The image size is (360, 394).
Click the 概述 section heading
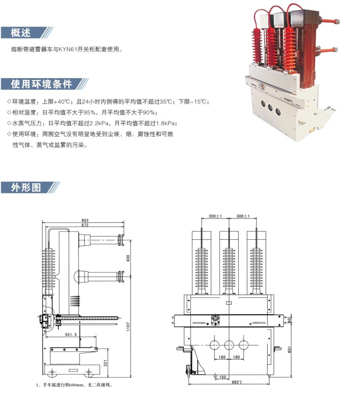(x=21, y=33)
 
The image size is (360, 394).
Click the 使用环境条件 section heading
(x=42, y=84)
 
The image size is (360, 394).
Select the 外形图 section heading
(x=26, y=187)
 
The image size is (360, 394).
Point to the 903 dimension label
(x=85, y=221)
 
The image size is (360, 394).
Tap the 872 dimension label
(x=85, y=225)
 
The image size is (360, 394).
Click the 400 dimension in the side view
(x=128, y=258)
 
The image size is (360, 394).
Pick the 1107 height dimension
(x=128, y=327)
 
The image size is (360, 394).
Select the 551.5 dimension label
(x=71, y=335)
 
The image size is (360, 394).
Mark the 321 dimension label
(x=106, y=363)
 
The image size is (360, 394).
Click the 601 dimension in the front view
(x=289, y=349)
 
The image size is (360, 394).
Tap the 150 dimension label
(x=223, y=377)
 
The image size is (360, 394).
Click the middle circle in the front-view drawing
(x=229, y=345)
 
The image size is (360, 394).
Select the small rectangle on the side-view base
(x=73, y=370)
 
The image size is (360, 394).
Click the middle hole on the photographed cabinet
(x=270, y=108)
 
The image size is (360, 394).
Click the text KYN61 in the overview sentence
(x=67, y=49)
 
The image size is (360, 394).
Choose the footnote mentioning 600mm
(x=74, y=385)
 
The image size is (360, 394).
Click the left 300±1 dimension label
(x=215, y=216)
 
